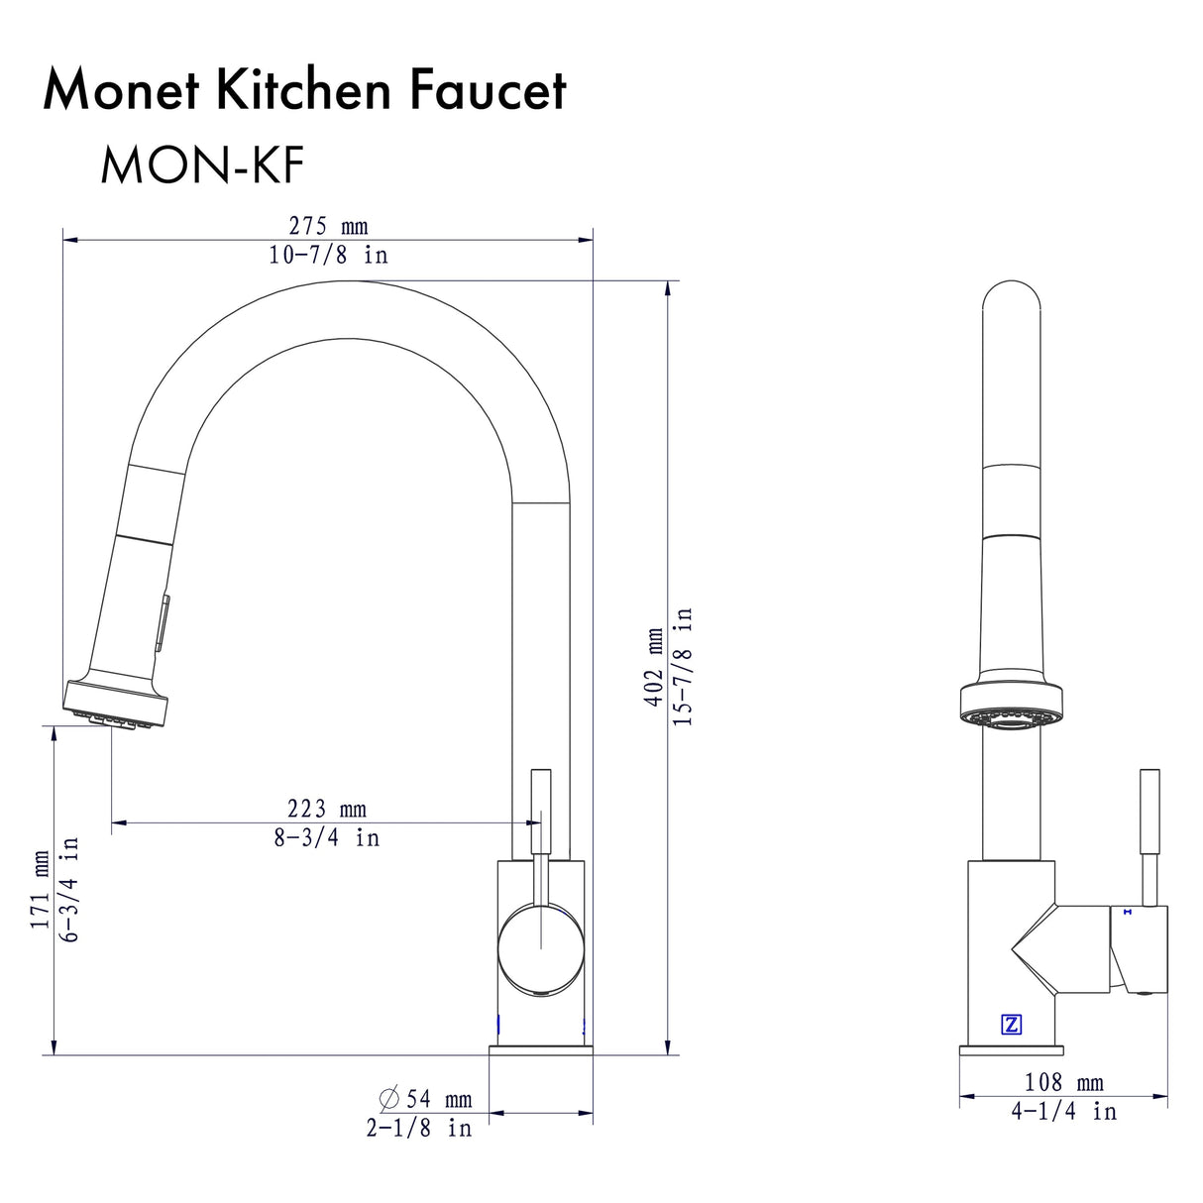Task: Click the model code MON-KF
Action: click(201, 165)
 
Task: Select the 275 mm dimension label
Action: click(328, 226)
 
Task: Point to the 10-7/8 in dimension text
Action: click(328, 255)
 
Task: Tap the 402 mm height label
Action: click(654, 667)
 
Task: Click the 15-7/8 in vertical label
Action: click(684, 667)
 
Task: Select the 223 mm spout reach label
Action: click(327, 810)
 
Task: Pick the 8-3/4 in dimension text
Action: click(327, 838)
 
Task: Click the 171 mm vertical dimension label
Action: click(40, 889)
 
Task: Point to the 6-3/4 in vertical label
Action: click(69, 889)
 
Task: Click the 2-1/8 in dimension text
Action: click(419, 1128)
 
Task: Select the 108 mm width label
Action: click(1063, 1083)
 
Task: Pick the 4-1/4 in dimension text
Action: click(1063, 1112)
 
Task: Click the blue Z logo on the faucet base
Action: click(1012, 1025)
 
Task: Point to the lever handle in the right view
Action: click(1149, 837)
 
